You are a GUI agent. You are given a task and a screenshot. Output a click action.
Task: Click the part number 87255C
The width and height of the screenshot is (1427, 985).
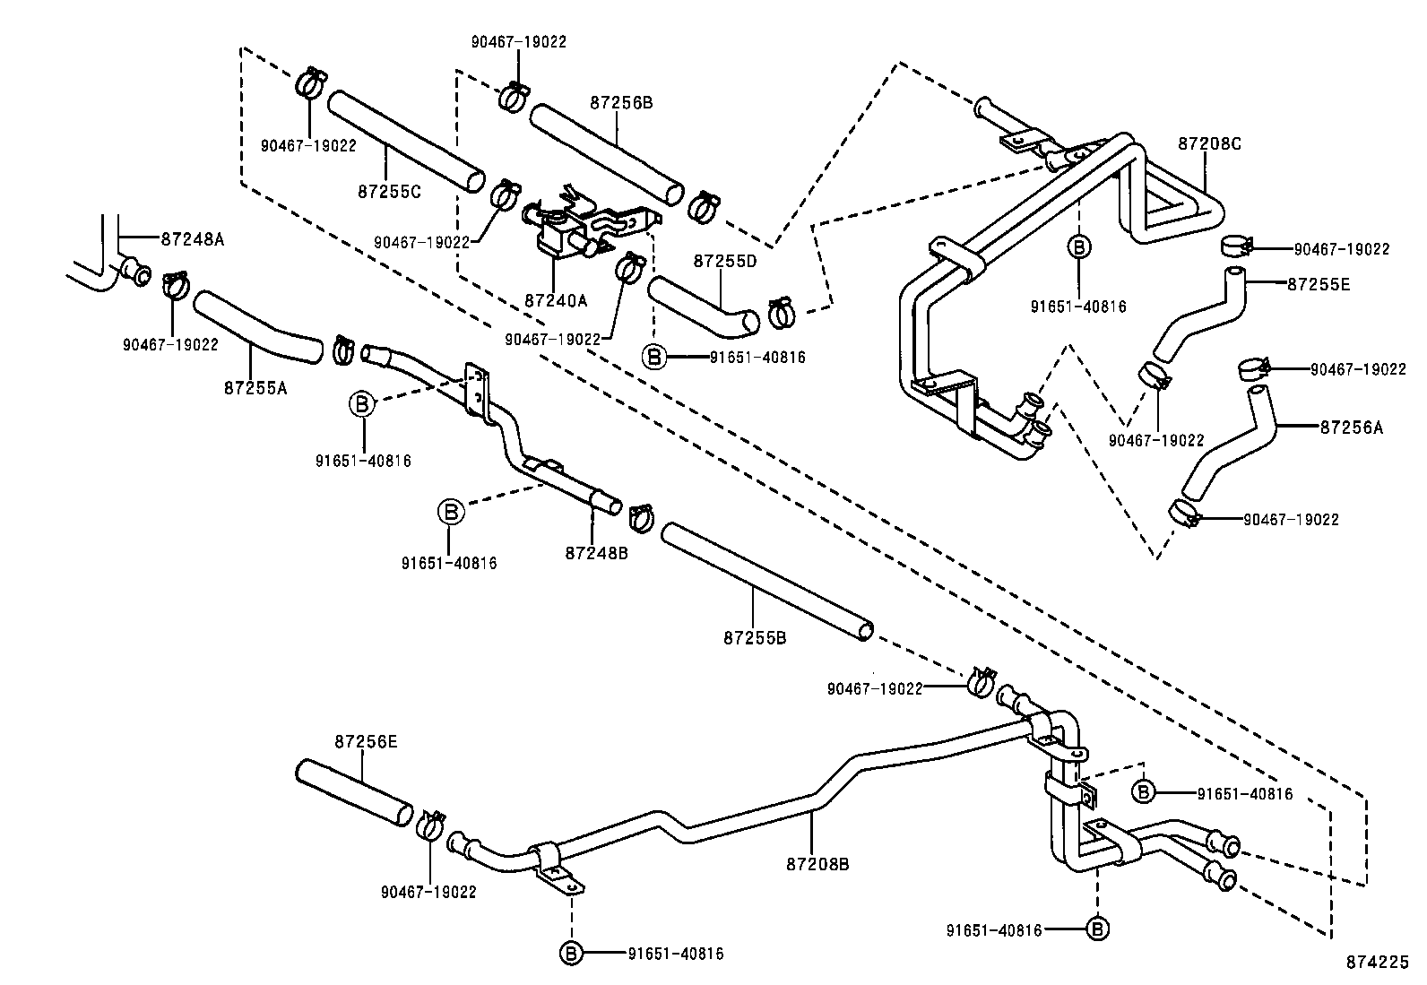389,191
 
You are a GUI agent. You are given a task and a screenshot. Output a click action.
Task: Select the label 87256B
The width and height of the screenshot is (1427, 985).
621,103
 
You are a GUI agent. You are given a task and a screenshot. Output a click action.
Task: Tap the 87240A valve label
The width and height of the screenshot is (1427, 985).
556,301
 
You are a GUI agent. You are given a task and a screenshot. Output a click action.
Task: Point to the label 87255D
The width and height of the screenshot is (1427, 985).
725,261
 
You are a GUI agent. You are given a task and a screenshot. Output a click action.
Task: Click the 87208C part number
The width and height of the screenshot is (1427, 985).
1209,143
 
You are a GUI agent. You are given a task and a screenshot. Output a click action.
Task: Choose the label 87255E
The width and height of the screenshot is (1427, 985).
1318,285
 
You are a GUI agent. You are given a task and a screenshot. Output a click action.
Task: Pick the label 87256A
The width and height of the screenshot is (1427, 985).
1351,428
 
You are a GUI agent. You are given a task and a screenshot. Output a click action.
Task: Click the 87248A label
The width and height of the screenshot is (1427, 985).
193,239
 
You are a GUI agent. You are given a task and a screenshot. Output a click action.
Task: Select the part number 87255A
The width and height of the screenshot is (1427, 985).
255,387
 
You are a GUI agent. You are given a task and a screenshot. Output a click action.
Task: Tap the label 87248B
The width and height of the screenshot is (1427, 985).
596,553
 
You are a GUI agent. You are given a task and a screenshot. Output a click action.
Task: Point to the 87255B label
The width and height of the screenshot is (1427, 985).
755,638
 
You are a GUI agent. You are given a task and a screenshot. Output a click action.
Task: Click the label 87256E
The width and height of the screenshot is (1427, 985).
366,742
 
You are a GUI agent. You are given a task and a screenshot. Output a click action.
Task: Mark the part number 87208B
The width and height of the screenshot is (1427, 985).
817,865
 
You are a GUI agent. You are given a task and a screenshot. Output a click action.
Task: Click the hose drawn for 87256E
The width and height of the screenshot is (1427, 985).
354,791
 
